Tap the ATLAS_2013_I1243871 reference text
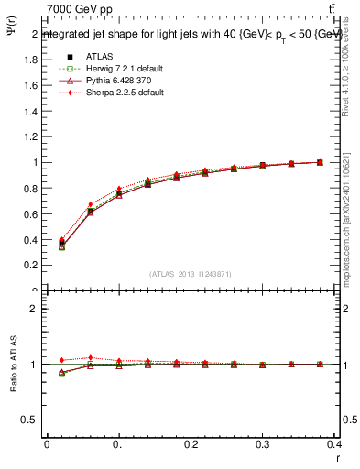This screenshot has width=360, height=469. [191, 275]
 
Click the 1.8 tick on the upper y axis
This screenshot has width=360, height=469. [29, 60]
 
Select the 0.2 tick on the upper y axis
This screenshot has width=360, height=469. [29, 266]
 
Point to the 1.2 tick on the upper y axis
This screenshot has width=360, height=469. [29, 136]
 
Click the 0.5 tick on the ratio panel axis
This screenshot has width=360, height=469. [29, 420]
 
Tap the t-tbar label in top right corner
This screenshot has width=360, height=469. [342, 8]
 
